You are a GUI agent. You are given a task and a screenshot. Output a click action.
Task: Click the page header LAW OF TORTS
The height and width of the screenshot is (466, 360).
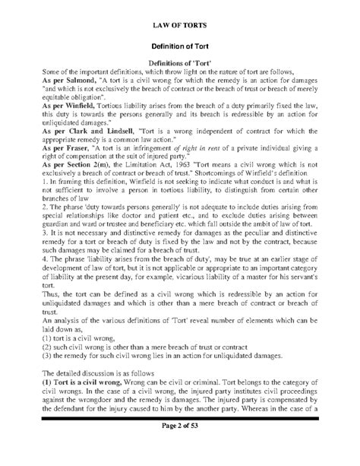180,24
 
